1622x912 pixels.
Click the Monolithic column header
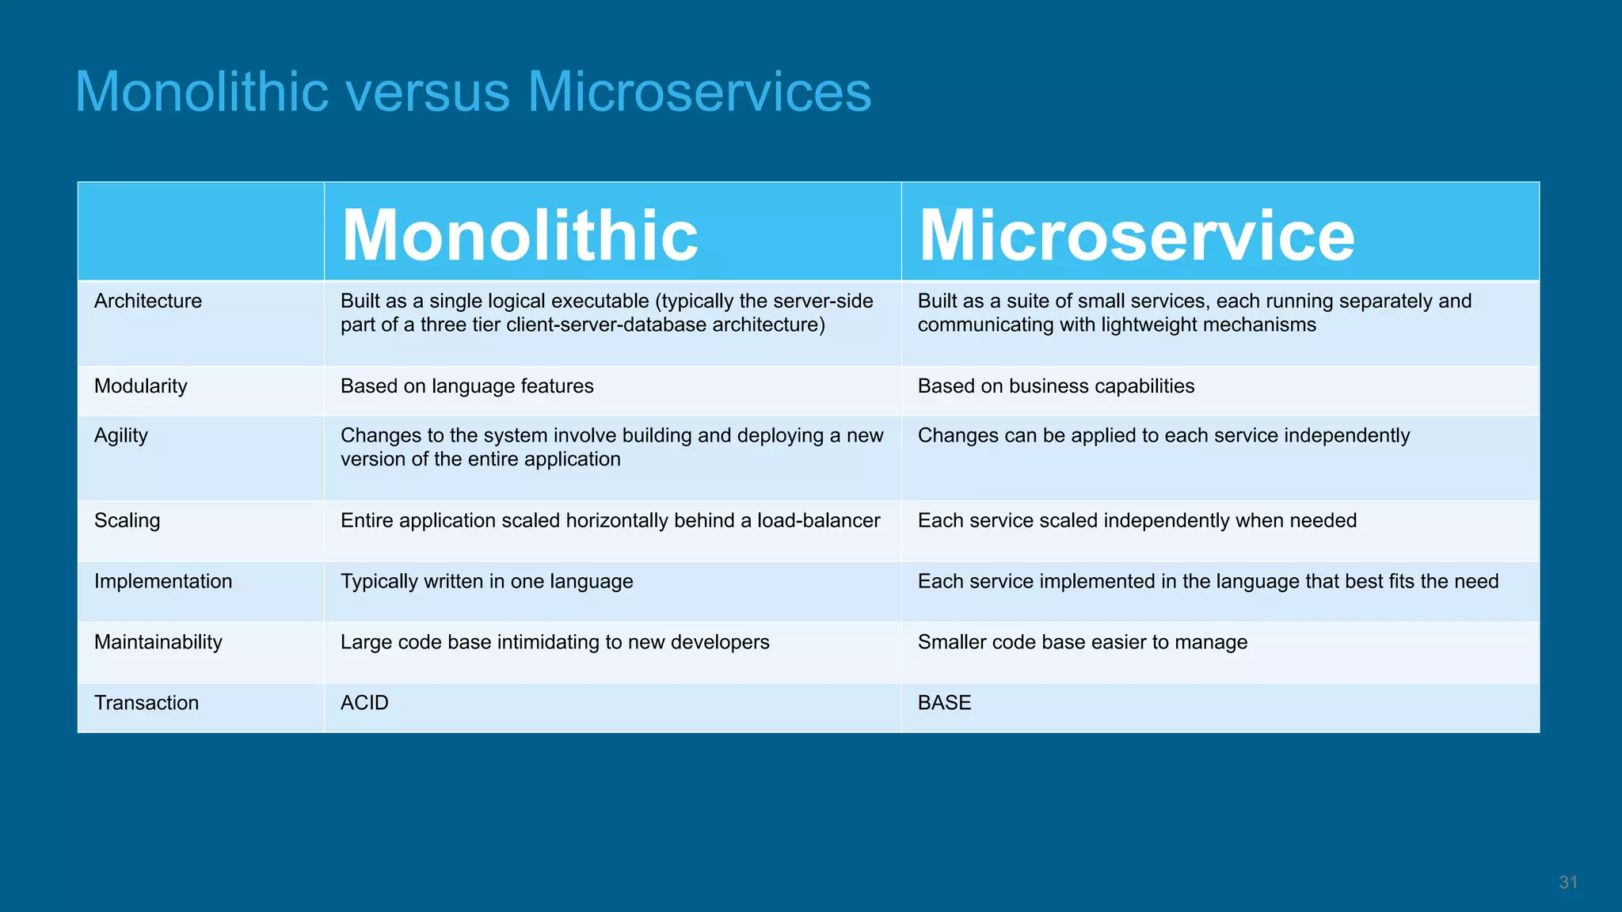pyautogui.click(x=520, y=235)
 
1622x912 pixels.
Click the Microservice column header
pyautogui.click(x=1137, y=235)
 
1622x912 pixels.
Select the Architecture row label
pyautogui.click(x=148, y=301)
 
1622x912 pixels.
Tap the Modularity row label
pyautogui.click(x=141, y=386)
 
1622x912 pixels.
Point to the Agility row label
pyautogui.click(x=121, y=436)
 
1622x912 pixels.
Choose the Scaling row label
pyautogui.click(x=128, y=521)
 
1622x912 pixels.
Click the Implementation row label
pyautogui.click(x=163, y=581)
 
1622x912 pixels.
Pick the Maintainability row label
pyautogui.click(x=158, y=642)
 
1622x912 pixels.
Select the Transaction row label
pyautogui.click(x=147, y=703)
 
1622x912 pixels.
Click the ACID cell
pyautogui.click(x=364, y=703)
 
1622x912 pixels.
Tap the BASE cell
pyautogui.click(x=944, y=703)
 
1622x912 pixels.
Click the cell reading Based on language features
pyautogui.click(x=467, y=386)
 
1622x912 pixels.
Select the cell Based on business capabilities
pyautogui.click(x=1056, y=386)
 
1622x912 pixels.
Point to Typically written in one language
pyautogui.click(x=487, y=581)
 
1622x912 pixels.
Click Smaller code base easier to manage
pyautogui.click(x=1083, y=642)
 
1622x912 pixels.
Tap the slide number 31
pyautogui.click(x=1568, y=883)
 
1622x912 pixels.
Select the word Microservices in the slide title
pyautogui.click(x=699, y=93)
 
